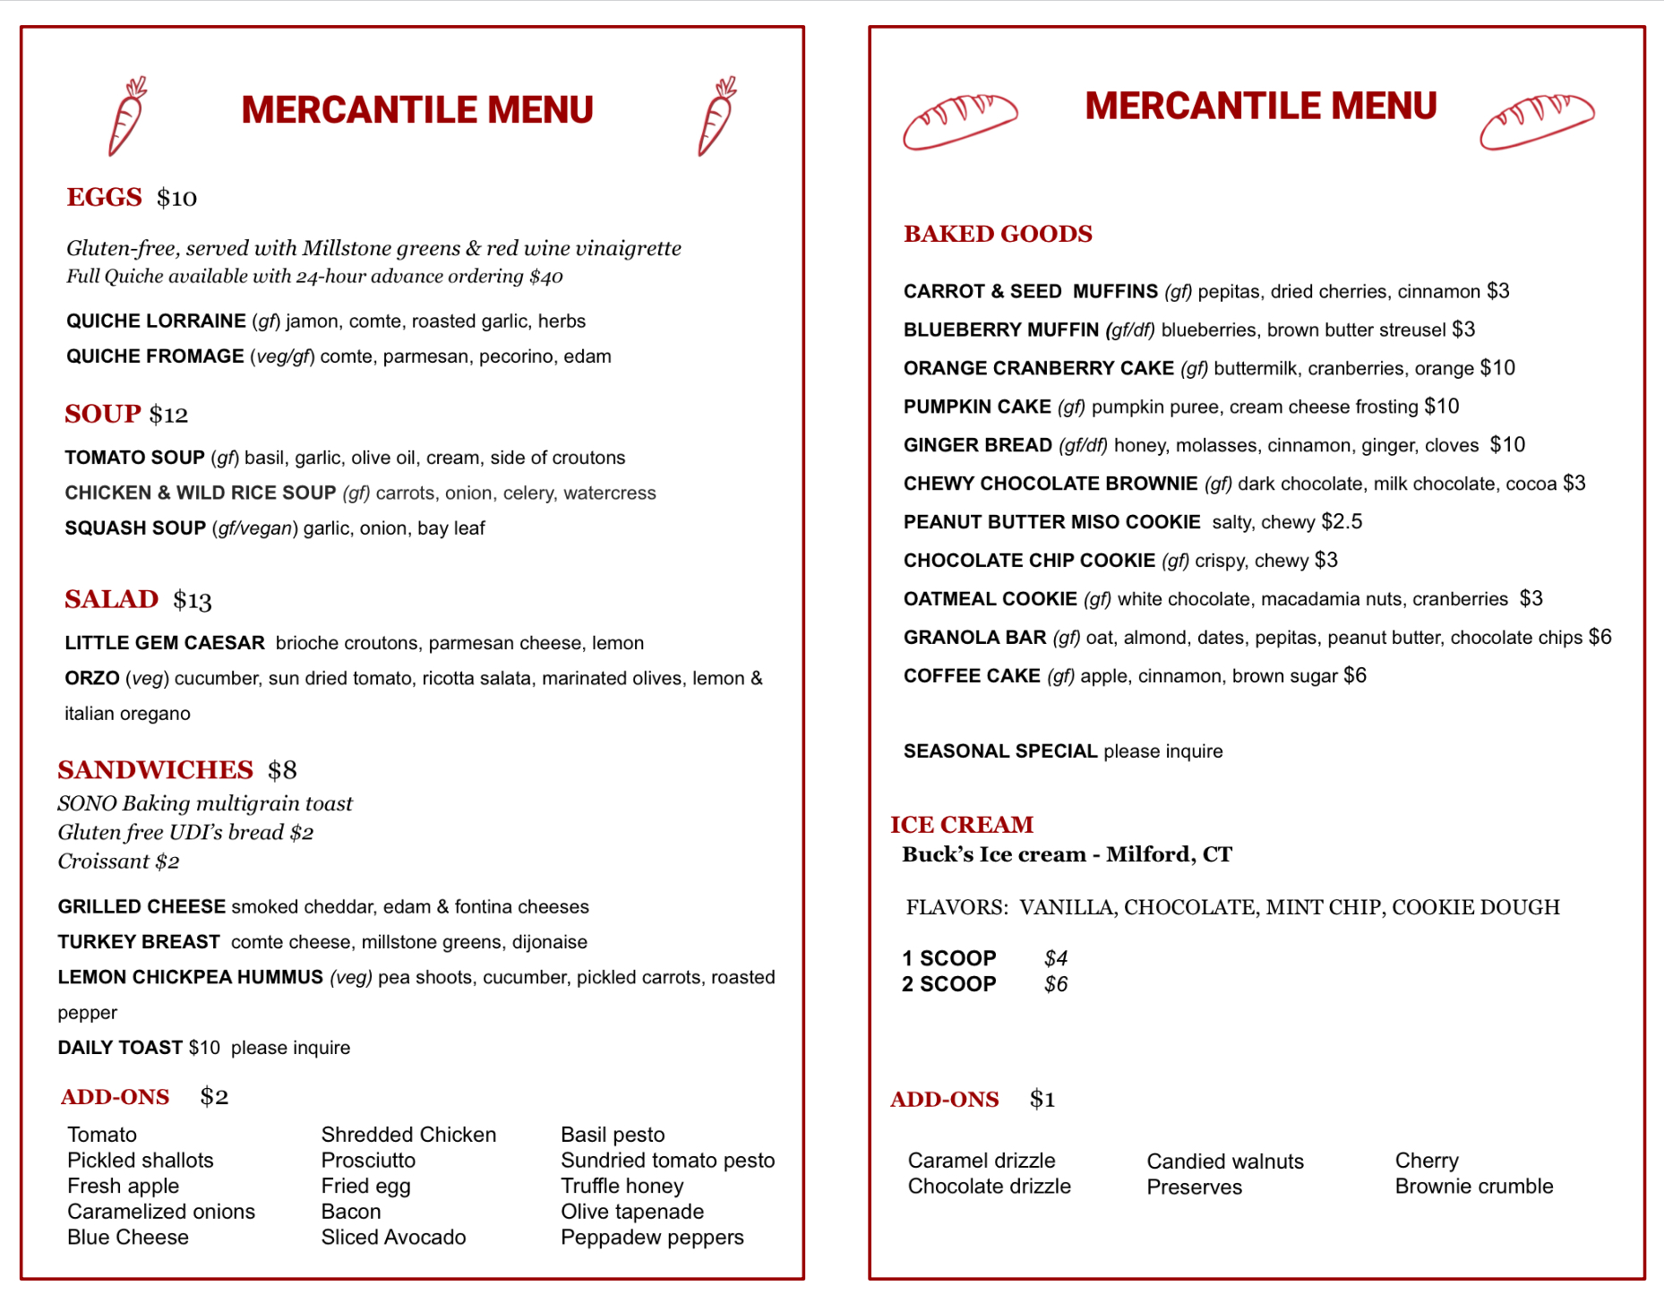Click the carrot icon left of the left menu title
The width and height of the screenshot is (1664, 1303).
(127, 116)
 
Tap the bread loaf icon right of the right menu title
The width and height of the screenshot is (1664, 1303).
(1537, 121)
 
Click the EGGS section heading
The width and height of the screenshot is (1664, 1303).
(104, 197)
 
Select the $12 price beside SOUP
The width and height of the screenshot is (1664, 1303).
(168, 415)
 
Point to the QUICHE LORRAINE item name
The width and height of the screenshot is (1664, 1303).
(156, 321)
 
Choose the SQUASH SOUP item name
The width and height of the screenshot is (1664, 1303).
(135, 528)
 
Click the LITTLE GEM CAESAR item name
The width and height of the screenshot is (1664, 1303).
(165, 643)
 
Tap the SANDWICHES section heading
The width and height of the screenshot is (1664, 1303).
(156, 770)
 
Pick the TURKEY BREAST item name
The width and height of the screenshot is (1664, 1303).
(139, 942)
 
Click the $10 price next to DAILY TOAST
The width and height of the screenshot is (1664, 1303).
(204, 1048)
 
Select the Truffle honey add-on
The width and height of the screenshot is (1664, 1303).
(622, 1186)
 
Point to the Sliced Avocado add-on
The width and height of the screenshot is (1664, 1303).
(393, 1237)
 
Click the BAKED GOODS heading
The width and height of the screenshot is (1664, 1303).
(998, 234)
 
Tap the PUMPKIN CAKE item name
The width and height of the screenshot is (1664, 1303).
(977, 407)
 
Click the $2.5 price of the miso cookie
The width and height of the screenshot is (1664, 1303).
(1342, 521)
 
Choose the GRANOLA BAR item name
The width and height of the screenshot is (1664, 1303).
(974, 637)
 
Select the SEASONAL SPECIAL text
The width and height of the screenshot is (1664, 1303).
(1000, 750)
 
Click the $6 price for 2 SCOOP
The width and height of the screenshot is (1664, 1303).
(1056, 984)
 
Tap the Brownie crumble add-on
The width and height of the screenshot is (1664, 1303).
(1473, 1187)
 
